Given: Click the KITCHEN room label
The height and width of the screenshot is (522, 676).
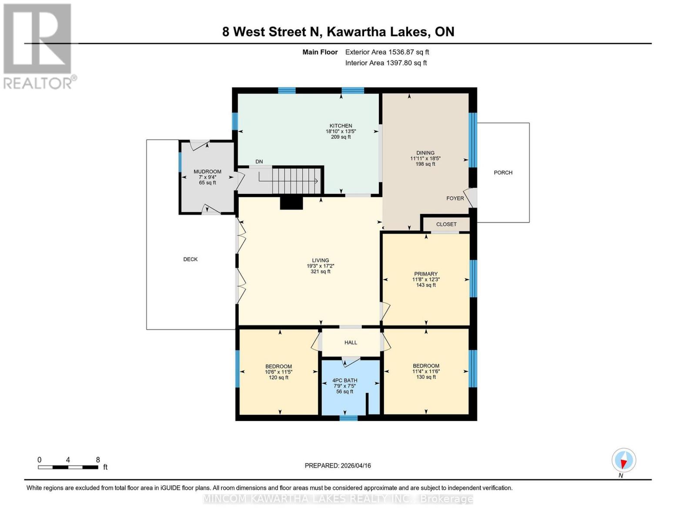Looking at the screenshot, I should click(341, 126).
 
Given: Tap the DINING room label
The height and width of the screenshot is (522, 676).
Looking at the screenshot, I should click(425, 153).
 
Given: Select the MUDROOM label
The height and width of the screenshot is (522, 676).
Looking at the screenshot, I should click(207, 172).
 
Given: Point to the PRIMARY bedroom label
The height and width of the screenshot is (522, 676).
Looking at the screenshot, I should click(425, 274).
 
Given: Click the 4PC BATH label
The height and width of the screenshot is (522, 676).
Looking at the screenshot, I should click(345, 380).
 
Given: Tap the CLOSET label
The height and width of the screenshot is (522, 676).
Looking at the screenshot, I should click(446, 224).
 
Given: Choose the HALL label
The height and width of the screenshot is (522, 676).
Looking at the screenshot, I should click(351, 342).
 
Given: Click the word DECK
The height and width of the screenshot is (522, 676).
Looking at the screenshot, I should click(190, 259).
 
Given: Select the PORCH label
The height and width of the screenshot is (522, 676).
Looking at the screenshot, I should click(503, 173).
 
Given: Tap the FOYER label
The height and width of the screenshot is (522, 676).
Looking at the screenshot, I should click(455, 198).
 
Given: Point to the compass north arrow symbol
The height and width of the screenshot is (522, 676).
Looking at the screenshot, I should click(624, 460).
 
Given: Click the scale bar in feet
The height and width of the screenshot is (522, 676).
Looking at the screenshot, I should click(68, 467).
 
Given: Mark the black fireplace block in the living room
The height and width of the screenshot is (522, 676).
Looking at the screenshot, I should click(291, 203).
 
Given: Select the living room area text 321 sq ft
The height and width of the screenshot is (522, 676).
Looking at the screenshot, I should click(320, 271).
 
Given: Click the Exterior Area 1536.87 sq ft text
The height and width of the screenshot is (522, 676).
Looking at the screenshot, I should click(387, 52).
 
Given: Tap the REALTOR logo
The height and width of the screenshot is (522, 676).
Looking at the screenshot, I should click(38, 46).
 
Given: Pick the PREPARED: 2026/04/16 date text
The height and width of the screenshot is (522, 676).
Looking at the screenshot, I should click(338, 465).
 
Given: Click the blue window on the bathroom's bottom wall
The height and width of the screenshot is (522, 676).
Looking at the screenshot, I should click(348, 418).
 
